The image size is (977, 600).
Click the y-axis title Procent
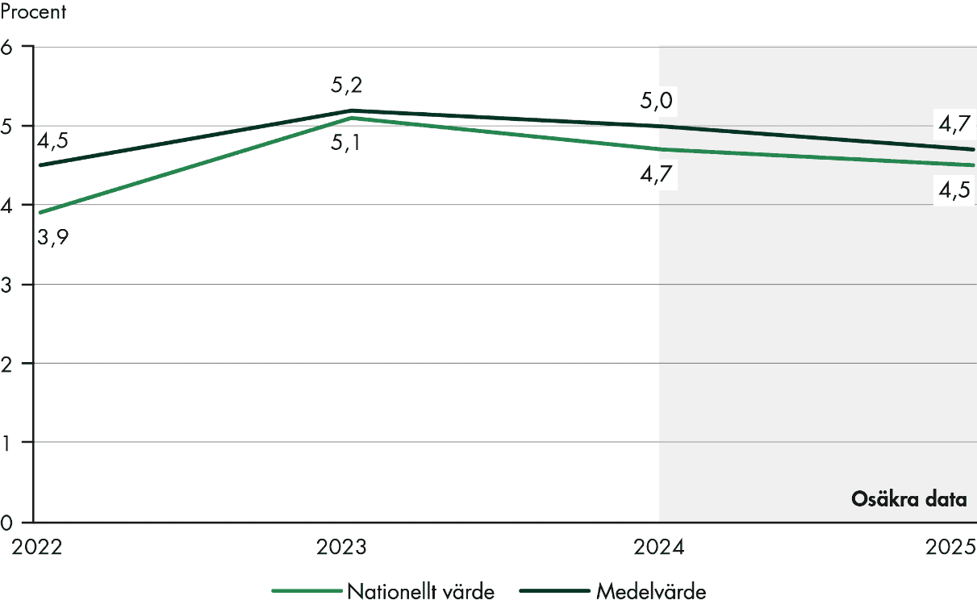coord(33,13)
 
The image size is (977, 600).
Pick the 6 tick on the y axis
coord(8,47)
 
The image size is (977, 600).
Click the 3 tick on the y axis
coord(8,285)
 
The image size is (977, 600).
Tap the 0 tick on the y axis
coord(8,522)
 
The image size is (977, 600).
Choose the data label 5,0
coord(657,101)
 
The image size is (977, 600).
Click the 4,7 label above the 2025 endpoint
coord(955,125)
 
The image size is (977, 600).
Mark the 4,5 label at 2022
coord(52,140)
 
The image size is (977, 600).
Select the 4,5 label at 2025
coord(955,191)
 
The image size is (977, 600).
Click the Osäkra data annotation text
coord(908,499)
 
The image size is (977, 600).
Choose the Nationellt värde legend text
coord(420,591)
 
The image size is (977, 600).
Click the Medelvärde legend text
coord(651,591)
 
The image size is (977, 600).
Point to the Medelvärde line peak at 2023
coord(352,110)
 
